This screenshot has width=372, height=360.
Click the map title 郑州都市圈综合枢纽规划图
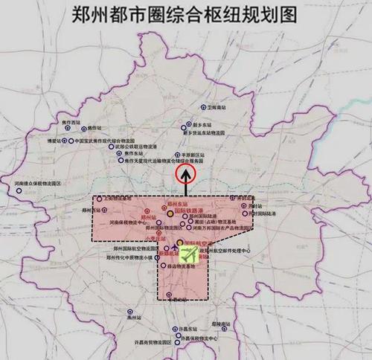pos(187,14)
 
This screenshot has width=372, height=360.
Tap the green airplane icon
pos(190,254)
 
